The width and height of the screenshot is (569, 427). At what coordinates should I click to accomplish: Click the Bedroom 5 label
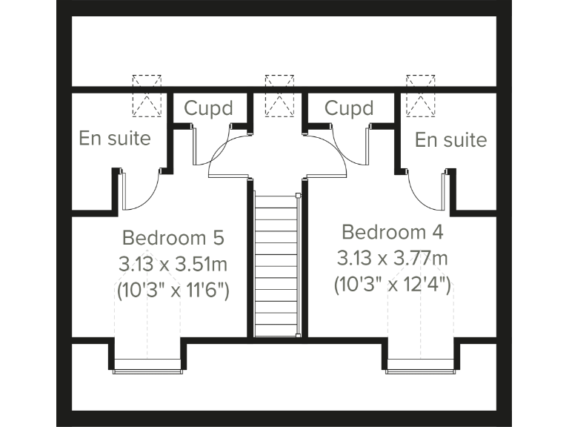tap(173, 238)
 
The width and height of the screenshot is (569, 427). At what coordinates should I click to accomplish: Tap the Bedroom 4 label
tap(392, 232)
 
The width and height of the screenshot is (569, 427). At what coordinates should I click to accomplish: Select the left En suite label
tap(115, 138)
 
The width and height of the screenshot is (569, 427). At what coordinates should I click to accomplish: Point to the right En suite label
tap(450, 139)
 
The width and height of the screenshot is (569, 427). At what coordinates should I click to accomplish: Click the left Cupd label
tap(208, 108)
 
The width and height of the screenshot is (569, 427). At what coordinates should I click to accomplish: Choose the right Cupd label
tap(349, 108)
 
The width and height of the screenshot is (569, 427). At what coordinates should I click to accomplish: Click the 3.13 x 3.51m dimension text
tap(173, 263)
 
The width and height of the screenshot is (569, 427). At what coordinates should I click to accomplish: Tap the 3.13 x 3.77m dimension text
tap(392, 258)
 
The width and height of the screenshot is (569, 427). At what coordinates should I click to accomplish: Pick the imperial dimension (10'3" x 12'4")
tap(392, 285)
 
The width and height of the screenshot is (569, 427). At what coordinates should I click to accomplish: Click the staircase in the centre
tap(276, 263)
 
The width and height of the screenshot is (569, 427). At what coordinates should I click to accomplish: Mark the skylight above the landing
tap(279, 95)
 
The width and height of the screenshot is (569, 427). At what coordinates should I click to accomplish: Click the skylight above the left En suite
tap(147, 95)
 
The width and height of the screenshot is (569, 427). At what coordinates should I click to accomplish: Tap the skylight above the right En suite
tap(420, 95)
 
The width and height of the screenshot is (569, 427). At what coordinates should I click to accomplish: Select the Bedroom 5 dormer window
tap(147, 363)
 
